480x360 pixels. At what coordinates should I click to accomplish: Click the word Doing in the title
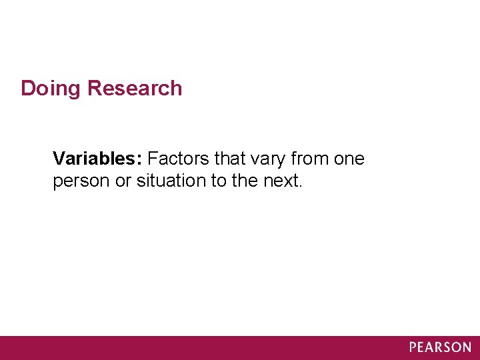(51, 89)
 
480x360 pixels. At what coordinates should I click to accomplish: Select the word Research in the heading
(134, 88)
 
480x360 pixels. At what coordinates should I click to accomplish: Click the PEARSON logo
(440, 347)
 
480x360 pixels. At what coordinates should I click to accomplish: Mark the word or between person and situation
(123, 181)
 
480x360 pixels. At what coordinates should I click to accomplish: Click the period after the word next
(301, 186)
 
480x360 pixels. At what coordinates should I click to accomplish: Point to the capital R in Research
(95, 88)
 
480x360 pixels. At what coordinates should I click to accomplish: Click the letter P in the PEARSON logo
(413, 347)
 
